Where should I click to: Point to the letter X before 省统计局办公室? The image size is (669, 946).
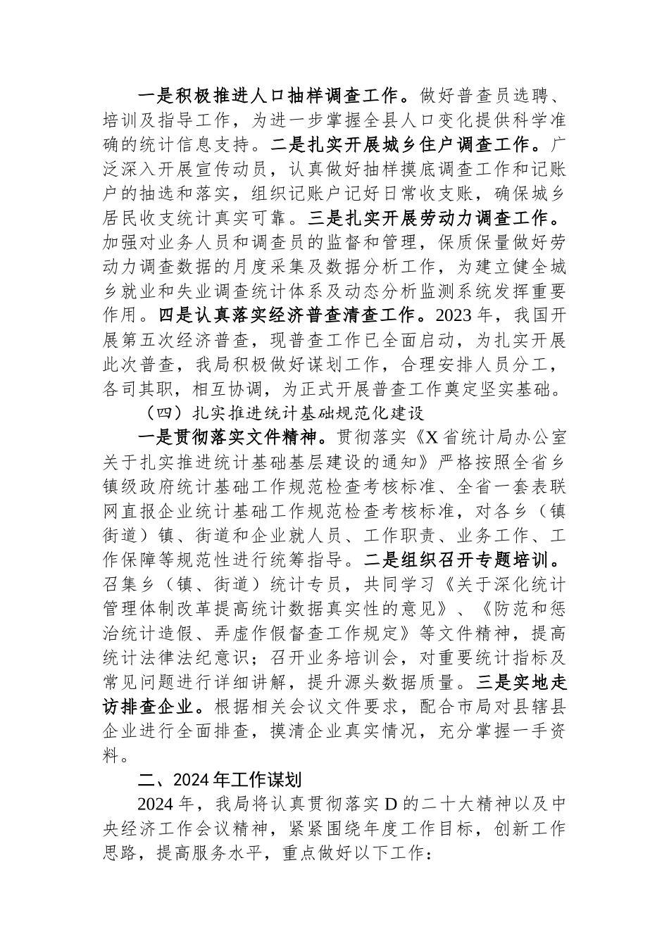click(x=430, y=437)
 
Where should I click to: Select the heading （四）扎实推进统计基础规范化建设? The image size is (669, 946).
click(x=282, y=412)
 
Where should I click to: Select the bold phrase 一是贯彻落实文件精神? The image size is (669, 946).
click(x=228, y=437)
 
